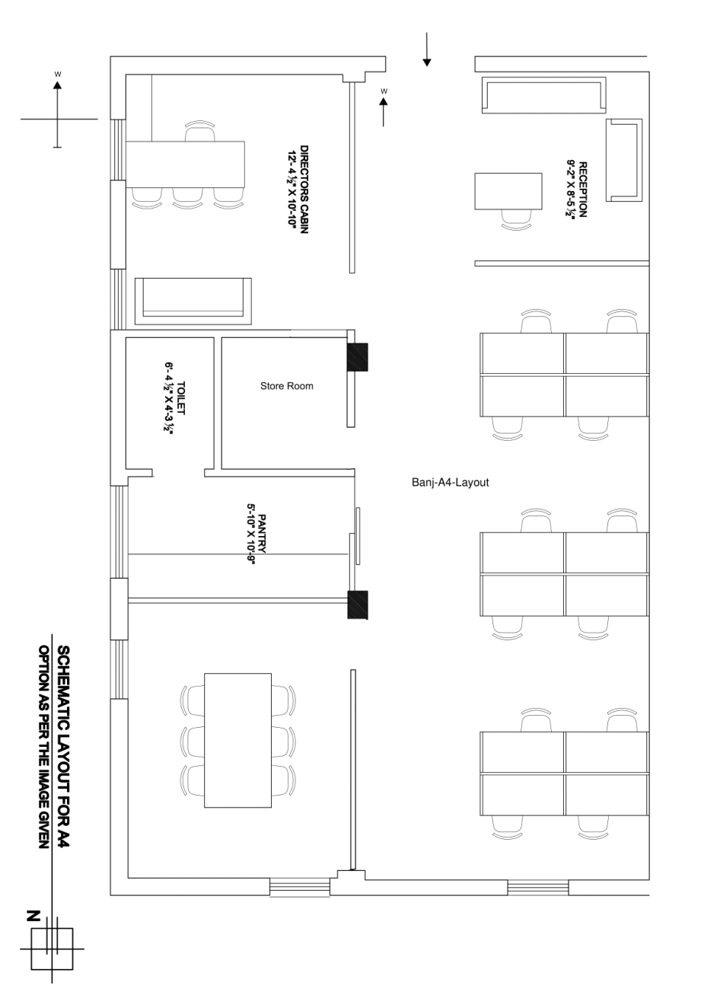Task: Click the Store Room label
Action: tap(286, 386)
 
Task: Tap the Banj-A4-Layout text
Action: tap(450, 482)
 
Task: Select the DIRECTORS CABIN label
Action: tap(304, 189)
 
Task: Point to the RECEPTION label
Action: tap(583, 190)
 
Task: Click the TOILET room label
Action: tap(180, 398)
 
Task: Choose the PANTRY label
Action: tap(262, 533)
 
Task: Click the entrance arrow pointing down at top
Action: tap(426, 49)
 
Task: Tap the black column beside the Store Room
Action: tap(358, 357)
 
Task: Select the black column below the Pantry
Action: tap(358, 604)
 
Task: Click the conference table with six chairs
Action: tap(237, 741)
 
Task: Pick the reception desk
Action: tap(508, 191)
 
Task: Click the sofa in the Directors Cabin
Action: tap(193, 301)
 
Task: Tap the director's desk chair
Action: tap(200, 130)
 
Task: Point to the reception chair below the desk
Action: tap(516, 220)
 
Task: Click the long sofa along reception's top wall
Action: tap(543, 94)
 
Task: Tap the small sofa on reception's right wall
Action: tap(624, 160)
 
